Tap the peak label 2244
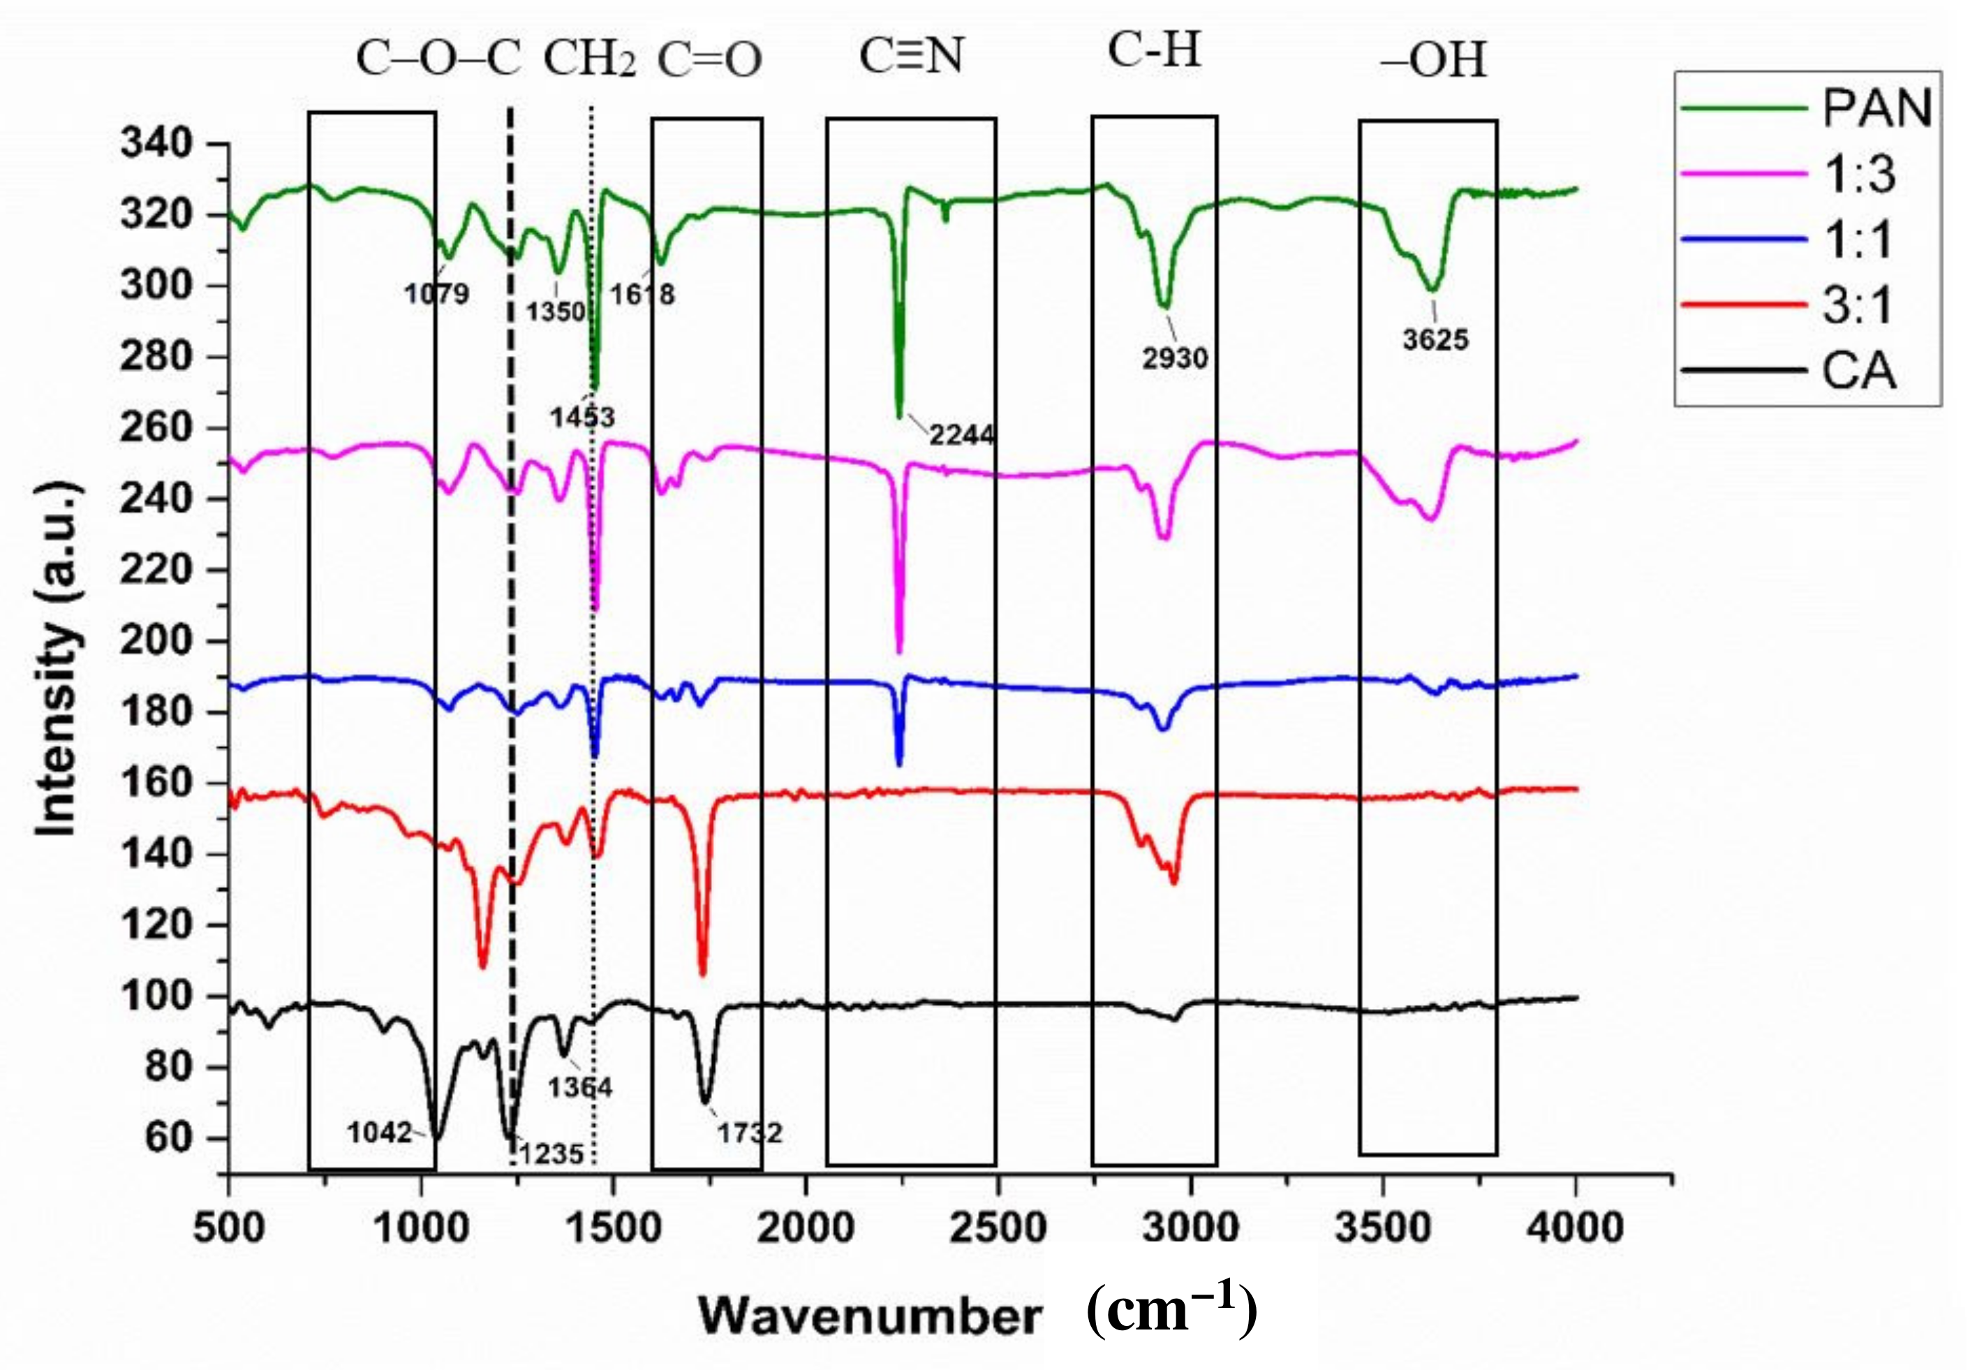point(962,435)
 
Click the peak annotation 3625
point(1435,340)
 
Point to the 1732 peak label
point(750,1133)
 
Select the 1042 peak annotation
point(380,1133)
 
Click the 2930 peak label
point(1175,358)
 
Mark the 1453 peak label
point(583,417)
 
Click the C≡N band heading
point(911,57)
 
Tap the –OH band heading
point(1433,61)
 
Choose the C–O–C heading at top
point(438,60)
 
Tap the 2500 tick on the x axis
point(998,1228)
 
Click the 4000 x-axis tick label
point(1576,1228)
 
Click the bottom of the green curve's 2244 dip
point(899,416)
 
